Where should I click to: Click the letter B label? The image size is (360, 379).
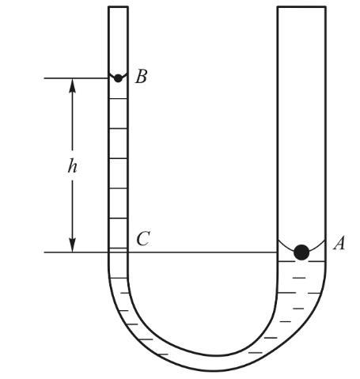pos(141,77)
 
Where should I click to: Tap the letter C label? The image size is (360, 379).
pos(143,238)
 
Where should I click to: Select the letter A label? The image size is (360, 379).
pos(339,243)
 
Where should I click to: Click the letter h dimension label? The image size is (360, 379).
pos(72,167)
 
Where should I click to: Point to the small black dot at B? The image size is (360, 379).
pos(118,78)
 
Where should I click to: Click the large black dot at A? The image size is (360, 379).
pos(301,252)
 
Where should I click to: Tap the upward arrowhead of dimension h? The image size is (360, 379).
pos(72,85)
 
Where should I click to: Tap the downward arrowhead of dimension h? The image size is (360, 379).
pos(72,245)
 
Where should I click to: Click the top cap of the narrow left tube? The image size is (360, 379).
pos(118,7)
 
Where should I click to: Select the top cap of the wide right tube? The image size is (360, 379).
pos(301,7)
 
